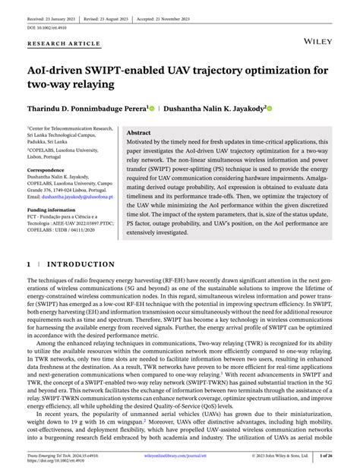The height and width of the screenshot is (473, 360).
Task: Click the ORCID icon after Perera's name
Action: click(x=152, y=109)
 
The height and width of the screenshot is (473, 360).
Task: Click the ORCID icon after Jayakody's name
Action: click(x=268, y=109)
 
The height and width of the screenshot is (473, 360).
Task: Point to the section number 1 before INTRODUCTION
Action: click(x=30, y=265)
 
